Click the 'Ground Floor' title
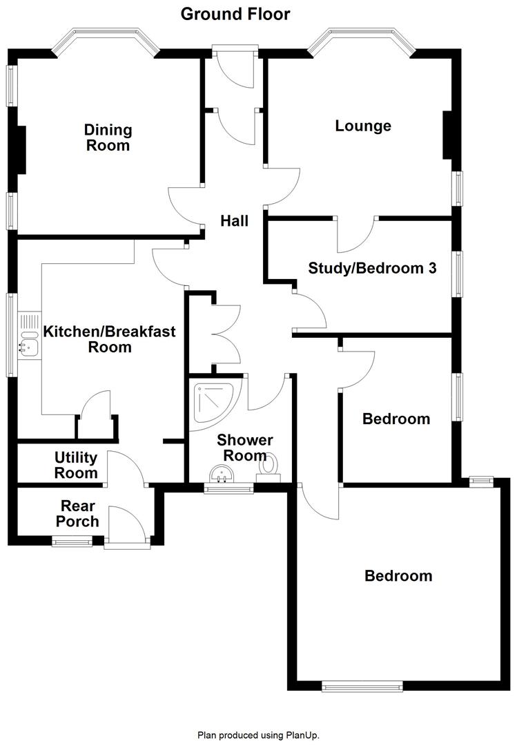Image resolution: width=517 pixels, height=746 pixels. click(x=235, y=14)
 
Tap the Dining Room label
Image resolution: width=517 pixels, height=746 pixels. click(x=108, y=137)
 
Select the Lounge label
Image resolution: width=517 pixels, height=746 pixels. click(x=363, y=126)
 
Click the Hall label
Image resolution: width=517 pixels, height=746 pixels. click(x=234, y=221)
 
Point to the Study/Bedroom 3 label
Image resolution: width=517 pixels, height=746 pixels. click(x=372, y=268)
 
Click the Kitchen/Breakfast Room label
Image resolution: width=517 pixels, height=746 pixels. click(x=110, y=338)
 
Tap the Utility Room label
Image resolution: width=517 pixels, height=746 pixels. click(x=76, y=465)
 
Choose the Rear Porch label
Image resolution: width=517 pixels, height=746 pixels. click(x=80, y=513)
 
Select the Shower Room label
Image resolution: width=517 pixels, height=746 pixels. click(x=245, y=448)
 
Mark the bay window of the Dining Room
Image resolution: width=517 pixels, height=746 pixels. click(x=106, y=39)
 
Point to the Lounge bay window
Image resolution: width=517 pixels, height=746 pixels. click(x=361, y=39)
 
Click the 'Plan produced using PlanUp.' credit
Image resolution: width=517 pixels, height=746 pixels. click(x=258, y=736)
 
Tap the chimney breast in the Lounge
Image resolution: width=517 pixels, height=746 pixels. click(x=447, y=135)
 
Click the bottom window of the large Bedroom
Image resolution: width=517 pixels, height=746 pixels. click(x=362, y=686)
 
